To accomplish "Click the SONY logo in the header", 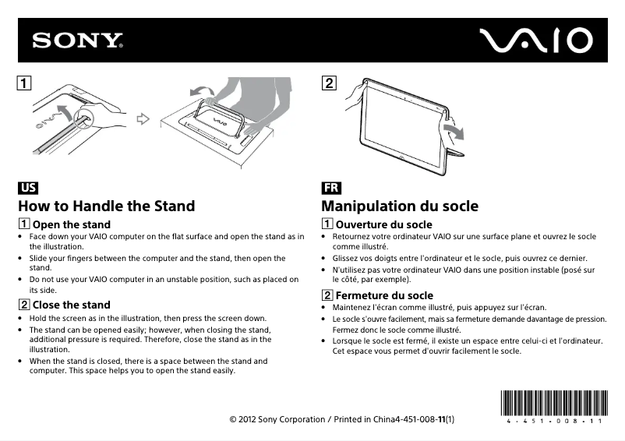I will pyautogui.click(x=77, y=41).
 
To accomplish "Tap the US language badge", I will pyautogui.click(x=28, y=189).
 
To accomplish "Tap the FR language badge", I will pyautogui.click(x=330, y=189).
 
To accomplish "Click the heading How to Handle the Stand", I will pyautogui.click(x=107, y=206).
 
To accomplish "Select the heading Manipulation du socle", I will pyautogui.click(x=400, y=206).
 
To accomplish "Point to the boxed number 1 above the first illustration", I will pyautogui.click(x=26, y=82).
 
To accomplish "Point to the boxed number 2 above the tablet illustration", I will pyautogui.click(x=330, y=82).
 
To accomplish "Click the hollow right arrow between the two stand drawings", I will pyautogui.click(x=142, y=119).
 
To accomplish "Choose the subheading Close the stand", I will pyautogui.click(x=71, y=305).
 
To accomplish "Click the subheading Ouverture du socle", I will pyautogui.click(x=383, y=225).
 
